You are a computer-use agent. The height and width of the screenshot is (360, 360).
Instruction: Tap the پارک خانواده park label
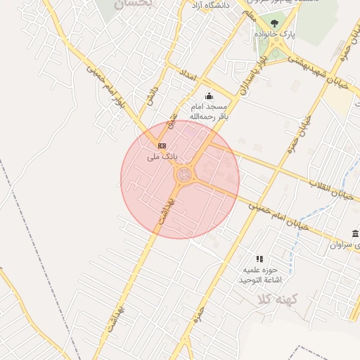[295, 34]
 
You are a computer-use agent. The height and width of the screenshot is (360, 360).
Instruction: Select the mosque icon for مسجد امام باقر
[208, 96]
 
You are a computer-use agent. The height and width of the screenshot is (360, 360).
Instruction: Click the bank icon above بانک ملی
[162, 146]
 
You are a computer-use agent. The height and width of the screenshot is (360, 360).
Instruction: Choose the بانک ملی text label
[159, 157]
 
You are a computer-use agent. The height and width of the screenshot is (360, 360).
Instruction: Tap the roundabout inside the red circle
[184, 174]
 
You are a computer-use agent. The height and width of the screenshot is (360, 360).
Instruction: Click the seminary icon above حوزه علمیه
[259, 259]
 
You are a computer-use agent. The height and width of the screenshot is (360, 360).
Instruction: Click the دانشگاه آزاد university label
[208, 6]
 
